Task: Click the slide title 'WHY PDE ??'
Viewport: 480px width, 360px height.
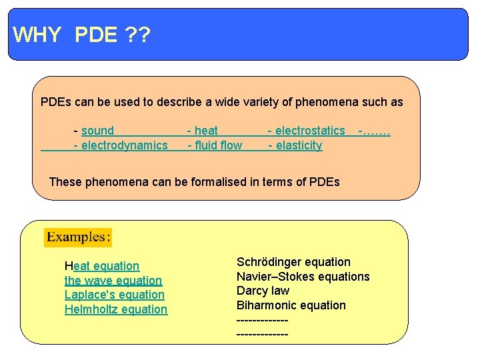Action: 81,35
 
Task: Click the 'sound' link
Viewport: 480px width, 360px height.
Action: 97,131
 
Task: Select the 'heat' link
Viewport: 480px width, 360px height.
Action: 206,131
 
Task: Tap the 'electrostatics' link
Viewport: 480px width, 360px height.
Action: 310,131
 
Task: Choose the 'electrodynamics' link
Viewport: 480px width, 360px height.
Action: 125,146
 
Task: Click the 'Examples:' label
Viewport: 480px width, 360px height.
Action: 78,237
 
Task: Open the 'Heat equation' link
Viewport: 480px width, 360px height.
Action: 102,267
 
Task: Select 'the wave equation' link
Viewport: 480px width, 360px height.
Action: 113,281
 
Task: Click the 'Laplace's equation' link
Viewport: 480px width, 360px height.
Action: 115,295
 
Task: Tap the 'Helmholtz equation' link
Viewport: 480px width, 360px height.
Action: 116,310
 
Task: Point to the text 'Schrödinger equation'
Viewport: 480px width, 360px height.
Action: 293,263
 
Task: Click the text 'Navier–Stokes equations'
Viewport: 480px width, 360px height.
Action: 303,277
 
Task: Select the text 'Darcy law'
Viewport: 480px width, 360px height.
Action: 263,291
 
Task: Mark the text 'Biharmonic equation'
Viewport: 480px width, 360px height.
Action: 291,306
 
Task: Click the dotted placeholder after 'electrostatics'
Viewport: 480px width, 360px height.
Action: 375,131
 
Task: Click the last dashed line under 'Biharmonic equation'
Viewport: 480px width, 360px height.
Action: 263,333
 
